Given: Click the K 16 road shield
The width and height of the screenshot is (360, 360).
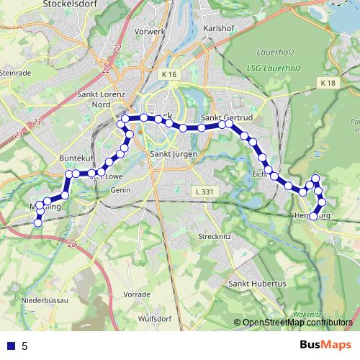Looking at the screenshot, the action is (169, 74).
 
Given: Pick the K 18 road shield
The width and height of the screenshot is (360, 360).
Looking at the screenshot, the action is (328, 84).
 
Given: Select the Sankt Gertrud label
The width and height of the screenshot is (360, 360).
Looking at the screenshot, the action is (224, 117).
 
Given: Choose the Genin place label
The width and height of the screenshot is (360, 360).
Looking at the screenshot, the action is (120, 190).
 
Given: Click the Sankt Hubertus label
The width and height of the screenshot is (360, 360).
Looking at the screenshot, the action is (257, 284).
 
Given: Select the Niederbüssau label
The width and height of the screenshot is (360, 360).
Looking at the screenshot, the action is (45, 299).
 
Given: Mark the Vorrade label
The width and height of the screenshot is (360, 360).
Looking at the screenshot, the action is (137, 294).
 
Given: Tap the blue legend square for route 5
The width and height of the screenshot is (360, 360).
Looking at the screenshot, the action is (9, 346).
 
